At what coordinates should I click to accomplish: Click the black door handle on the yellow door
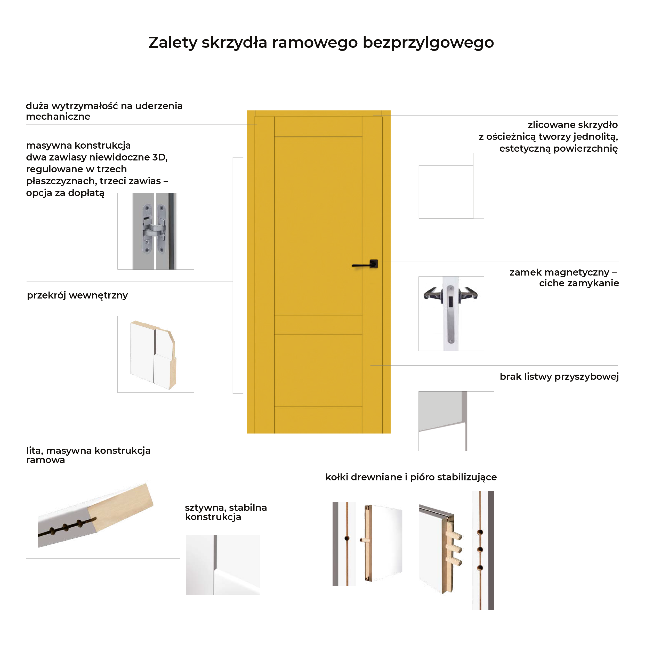coord(366,264)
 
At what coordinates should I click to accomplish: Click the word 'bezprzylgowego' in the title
coord(428,43)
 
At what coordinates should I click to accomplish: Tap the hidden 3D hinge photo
coord(156,231)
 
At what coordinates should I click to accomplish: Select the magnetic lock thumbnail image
coord(451,313)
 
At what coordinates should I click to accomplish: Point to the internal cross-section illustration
coord(156,354)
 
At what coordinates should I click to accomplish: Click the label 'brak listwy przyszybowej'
coord(559,377)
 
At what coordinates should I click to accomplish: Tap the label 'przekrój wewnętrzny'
coord(77,295)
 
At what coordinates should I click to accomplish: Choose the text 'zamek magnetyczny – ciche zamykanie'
coord(564,278)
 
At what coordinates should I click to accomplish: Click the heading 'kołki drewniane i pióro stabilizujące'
coord(411,477)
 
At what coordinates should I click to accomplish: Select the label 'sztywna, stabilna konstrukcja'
coord(226,512)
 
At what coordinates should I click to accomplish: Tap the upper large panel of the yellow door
coord(318,226)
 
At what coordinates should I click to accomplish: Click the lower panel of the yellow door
coord(318,370)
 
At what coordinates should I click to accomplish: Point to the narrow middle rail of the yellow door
coord(318,325)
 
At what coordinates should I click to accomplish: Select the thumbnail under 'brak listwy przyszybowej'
coord(456,421)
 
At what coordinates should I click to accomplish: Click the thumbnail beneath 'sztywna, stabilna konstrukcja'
coord(223,565)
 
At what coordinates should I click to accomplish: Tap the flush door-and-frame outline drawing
coord(451,186)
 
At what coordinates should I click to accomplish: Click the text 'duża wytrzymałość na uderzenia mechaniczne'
coord(104,111)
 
